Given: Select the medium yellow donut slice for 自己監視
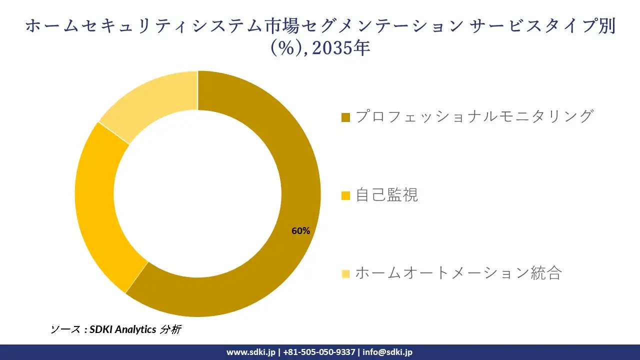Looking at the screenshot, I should point(97,210).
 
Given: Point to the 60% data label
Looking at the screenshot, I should point(301,231).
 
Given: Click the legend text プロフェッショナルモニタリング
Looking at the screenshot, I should point(474,116).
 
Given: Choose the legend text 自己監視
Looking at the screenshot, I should point(386,195).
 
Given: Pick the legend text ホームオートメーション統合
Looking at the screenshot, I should point(458,273).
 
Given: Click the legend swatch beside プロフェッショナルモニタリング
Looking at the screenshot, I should point(345,117).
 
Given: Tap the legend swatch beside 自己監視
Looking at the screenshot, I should point(345,195).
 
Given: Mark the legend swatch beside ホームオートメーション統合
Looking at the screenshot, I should point(345,273).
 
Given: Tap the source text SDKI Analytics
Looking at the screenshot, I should point(123,329).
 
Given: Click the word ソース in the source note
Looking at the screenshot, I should point(65,329).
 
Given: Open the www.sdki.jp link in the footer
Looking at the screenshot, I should point(250,352).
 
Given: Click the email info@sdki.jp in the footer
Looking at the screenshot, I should point(387,352).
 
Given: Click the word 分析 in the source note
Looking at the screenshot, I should point(170,329).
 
